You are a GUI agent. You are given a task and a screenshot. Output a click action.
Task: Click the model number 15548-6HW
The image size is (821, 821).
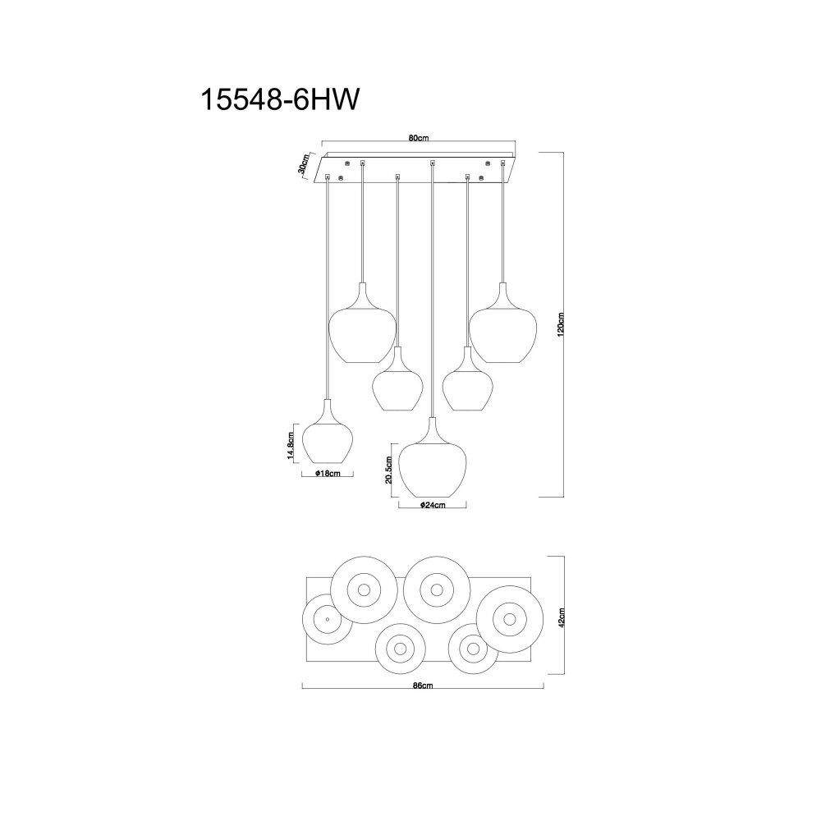(x=280, y=99)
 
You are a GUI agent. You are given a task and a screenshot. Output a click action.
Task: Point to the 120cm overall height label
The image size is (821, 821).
(x=560, y=324)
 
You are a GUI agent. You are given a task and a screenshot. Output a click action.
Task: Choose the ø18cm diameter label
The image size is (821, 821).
(x=328, y=474)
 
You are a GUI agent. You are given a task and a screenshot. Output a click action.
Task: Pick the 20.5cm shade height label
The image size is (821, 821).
(x=388, y=470)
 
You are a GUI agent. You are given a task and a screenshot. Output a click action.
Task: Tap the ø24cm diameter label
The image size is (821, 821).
(x=433, y=505)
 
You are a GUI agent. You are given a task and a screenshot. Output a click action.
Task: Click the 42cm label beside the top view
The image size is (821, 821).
(x=562, y=617)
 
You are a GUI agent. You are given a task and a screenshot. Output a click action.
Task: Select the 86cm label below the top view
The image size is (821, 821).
(x=423, y=686)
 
